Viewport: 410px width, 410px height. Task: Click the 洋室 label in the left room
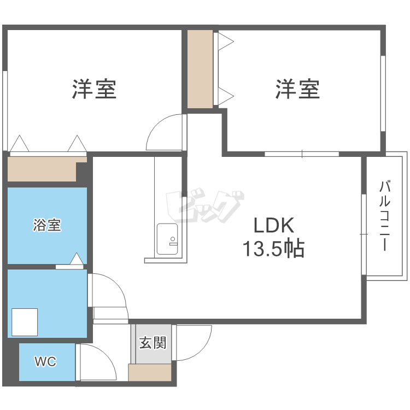(94, 89)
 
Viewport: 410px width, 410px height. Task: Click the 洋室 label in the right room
(297, 89)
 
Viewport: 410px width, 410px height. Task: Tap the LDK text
(274, 225)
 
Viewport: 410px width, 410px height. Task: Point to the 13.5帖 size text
(273, 248)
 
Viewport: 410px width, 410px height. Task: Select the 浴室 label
(47, 225)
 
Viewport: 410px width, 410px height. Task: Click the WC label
(45, 361)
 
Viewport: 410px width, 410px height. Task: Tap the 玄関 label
(153, 343)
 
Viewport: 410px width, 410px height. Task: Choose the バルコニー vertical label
(385, 215)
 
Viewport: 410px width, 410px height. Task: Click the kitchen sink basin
(167, 239)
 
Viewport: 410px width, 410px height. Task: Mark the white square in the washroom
(25, 322)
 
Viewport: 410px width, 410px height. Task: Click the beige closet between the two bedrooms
(200, 69)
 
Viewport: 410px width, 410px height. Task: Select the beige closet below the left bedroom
(42, 169)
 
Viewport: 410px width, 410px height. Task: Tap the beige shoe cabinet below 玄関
(150, 372)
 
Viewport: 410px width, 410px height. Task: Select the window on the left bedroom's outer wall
(5, 110)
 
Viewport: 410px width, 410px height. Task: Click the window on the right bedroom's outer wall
(383, 93)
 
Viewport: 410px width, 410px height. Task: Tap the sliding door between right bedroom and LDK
(302, 154)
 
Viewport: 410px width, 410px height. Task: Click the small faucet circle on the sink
(173, 239)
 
